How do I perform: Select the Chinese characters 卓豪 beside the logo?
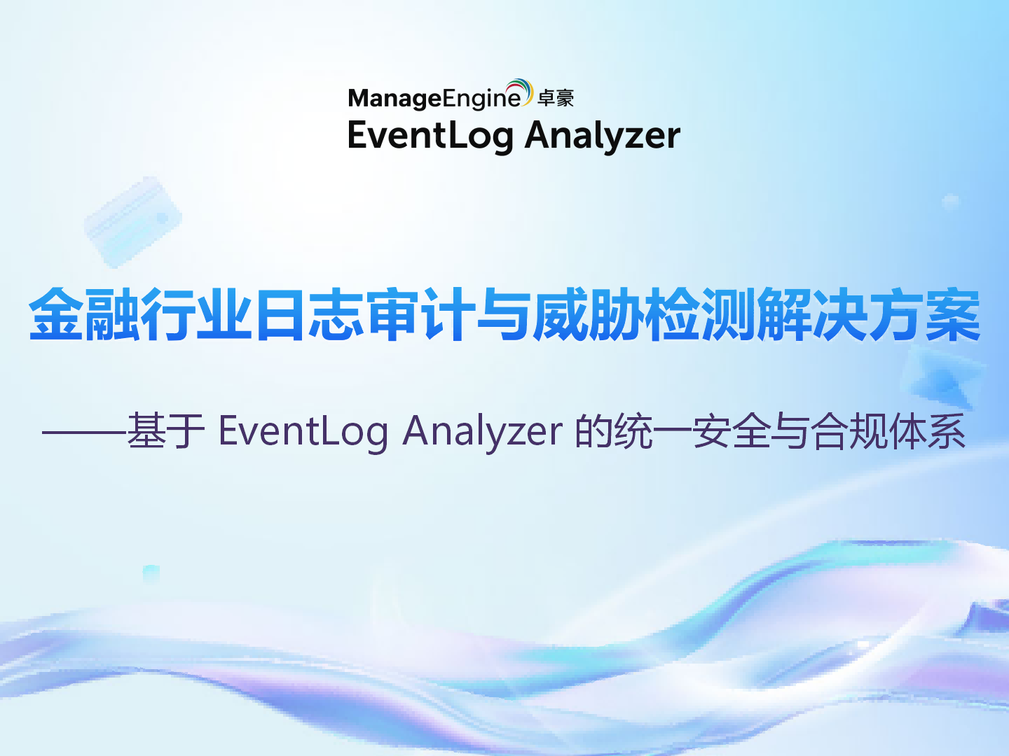[556, 99]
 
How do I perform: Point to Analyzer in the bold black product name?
[603, 135]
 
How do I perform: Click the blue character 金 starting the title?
[56, 314]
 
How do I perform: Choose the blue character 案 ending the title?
[953, 314]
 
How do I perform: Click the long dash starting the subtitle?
[84, 432]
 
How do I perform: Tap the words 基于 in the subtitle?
[166, 430]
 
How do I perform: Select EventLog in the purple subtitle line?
[303, 430]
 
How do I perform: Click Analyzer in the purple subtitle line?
[482, 430]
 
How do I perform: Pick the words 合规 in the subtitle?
[849, 430]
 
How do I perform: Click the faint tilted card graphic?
[133, 220]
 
